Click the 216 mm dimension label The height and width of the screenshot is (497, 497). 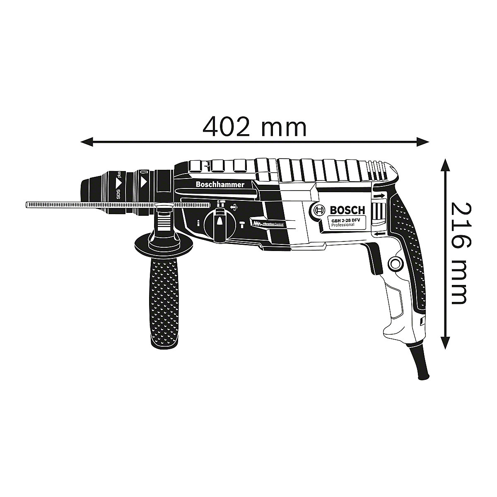(x=459, y=252)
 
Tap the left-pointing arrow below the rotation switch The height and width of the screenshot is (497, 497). (x=379, y=234)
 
